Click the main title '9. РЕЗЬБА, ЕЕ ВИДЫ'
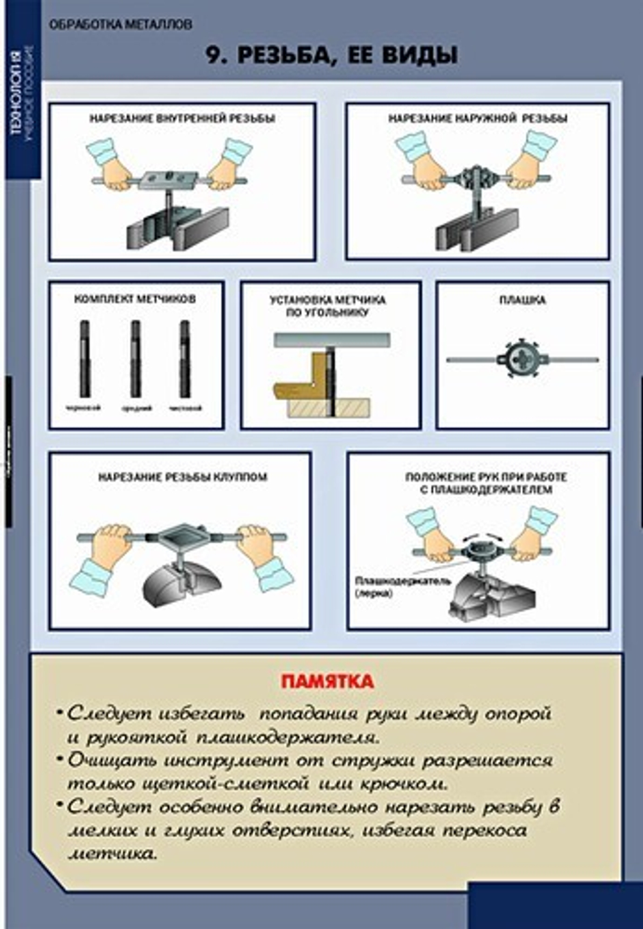click(331, 55)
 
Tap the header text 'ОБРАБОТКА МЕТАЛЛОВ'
click(120, 25)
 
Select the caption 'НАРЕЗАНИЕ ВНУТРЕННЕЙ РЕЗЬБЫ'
click(182, 118)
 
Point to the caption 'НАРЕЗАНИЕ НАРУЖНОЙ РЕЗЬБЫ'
click(477, 118)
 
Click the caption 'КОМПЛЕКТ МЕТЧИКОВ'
click(135, 299)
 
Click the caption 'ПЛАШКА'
click(522, 300)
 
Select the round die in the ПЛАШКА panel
click(522, 359)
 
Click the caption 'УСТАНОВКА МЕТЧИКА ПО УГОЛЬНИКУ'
click(327, 306)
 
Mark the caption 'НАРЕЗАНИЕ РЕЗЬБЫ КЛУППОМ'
click(183, 477)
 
